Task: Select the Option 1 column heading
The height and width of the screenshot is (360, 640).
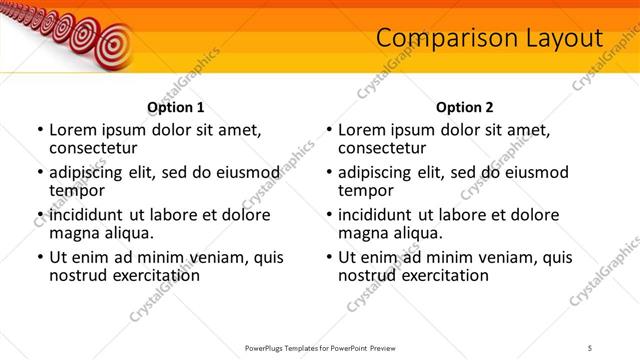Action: [176, 106]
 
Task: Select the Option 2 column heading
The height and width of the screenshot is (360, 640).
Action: [464, 106]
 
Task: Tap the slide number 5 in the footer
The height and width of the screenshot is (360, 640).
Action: [590, 346]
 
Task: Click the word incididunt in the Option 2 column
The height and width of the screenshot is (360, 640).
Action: [383, 215]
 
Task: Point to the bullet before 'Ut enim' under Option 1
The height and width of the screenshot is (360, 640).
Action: [39, 257]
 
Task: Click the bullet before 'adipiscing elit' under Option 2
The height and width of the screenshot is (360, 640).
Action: [328, 173]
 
